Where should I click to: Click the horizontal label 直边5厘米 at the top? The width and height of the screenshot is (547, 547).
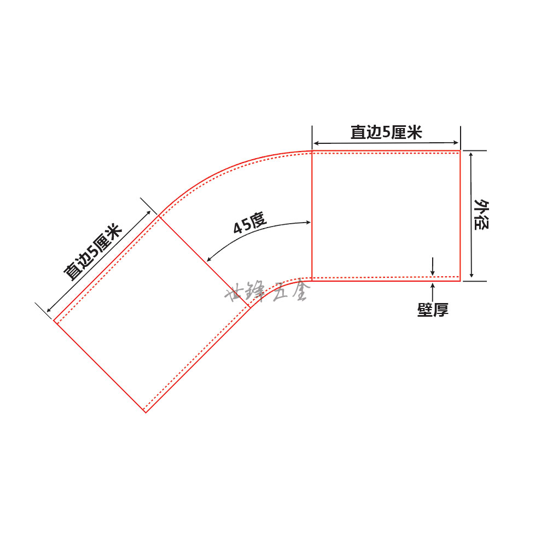click(386, 132)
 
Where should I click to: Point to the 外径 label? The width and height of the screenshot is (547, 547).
click(481, 216)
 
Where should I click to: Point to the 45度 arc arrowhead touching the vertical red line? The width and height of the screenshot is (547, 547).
click(308, 223)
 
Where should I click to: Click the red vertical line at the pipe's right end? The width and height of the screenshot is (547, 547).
click(459, 216)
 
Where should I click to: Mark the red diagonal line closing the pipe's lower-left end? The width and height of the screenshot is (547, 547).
click(100, 366)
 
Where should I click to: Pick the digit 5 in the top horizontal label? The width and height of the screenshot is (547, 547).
click(386, 132)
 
